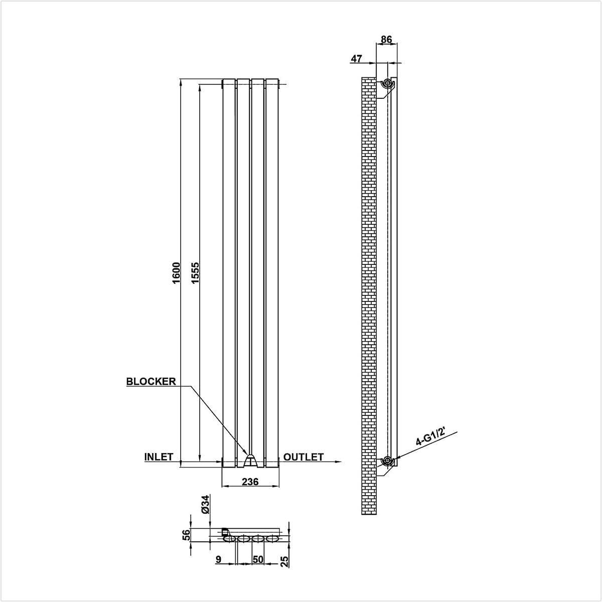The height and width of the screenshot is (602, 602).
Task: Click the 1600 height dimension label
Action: (x=176, y=273)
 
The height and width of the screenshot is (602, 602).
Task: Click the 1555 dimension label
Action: (x=195, y=273)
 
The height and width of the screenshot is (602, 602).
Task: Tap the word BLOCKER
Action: (x=151, y=381)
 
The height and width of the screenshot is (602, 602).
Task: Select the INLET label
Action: (x=159, y=457)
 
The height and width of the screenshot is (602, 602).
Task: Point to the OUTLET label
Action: (x=304, y=457)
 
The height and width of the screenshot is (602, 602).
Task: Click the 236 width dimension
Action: (x=250, y=482)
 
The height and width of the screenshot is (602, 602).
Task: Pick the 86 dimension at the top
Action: (x=386, y=39)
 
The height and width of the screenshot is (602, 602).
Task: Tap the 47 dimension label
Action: (x=357, y=58)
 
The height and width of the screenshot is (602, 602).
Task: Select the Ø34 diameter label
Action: (x=205, y=504)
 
